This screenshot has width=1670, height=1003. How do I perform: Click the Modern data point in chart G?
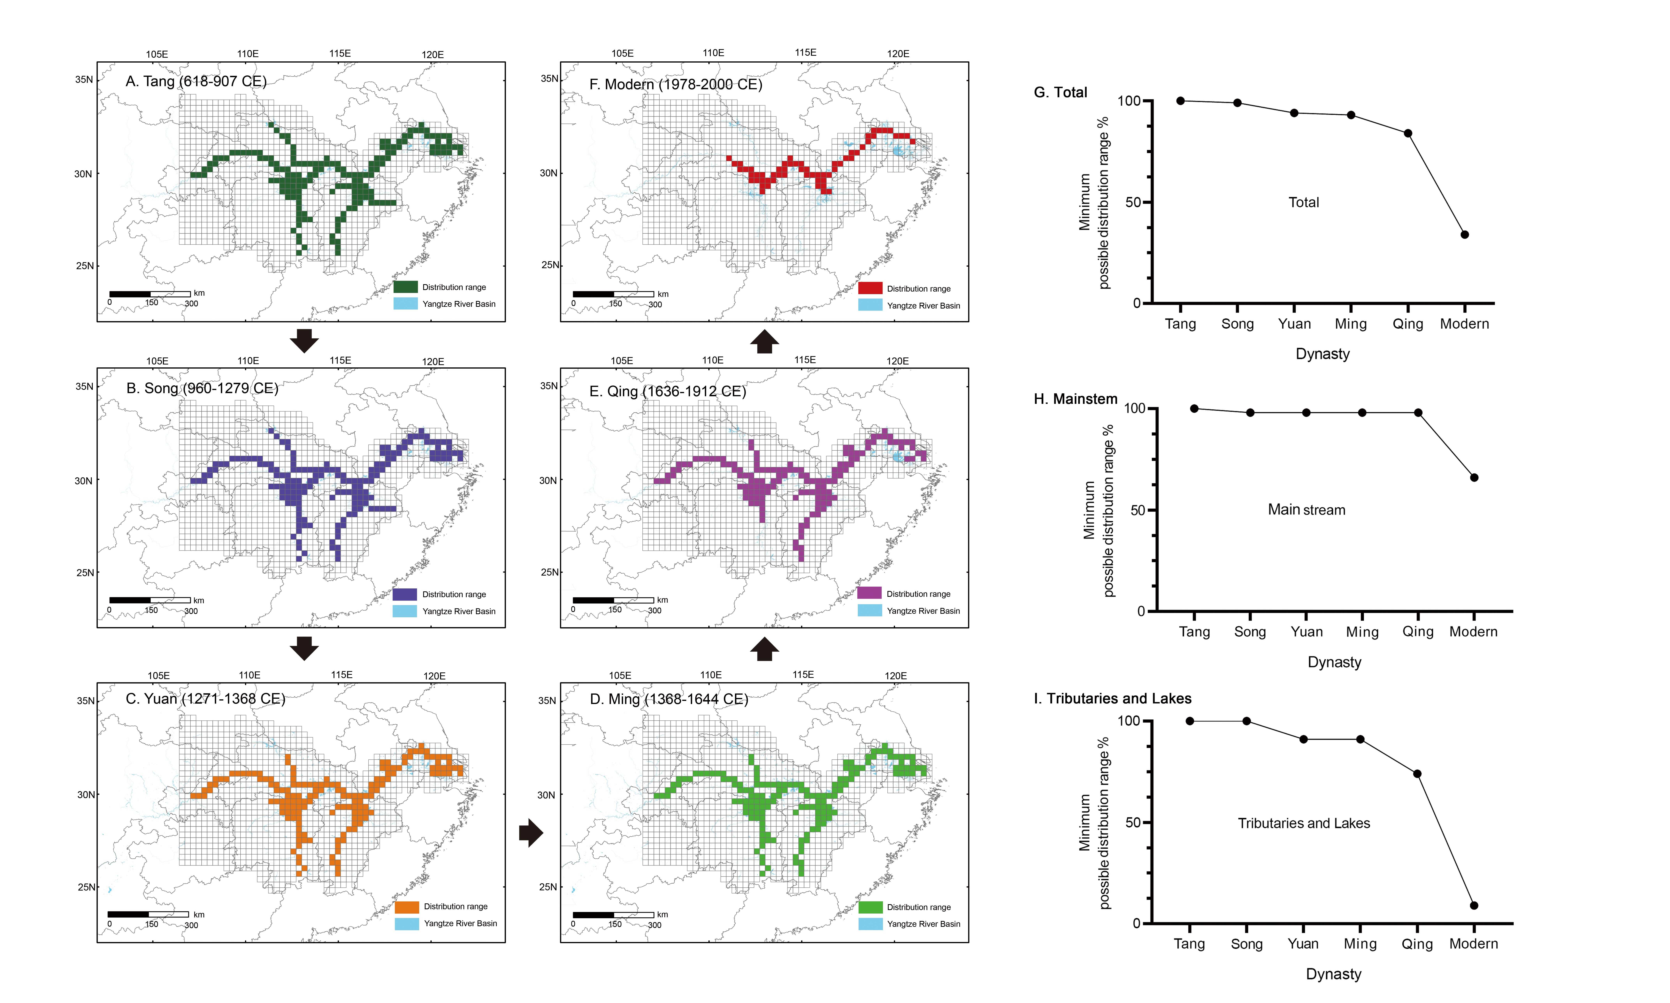click(1465, 234)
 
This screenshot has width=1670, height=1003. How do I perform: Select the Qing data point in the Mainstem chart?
click(1418, 412)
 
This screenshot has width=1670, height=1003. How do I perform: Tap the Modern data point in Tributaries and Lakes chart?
click(1474, 905)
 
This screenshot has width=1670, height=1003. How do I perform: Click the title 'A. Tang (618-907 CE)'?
click(196, 81)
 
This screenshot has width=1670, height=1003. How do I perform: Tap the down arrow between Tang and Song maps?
click(304, 341)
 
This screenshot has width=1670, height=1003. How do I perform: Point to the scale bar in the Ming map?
click(613, 915)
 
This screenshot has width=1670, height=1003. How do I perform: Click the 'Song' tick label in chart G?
click(1237, 324)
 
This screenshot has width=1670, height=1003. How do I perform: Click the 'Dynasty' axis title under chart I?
click(1333, 974)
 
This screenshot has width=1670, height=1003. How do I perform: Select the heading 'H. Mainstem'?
click(1075, 399)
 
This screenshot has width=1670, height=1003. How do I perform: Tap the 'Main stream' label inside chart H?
click(1306, 510)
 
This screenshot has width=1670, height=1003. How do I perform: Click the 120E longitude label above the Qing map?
click(898, 361)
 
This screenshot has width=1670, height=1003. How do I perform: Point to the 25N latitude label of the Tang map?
click(84, 266)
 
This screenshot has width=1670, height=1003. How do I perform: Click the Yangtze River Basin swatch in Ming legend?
click(870, 924)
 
